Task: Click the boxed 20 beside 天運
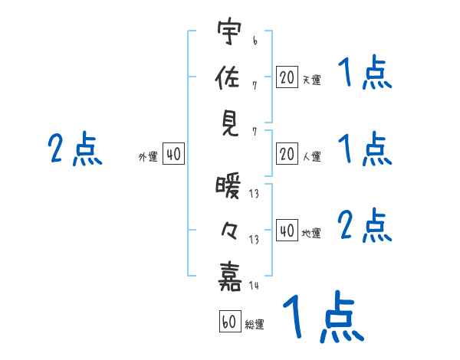[x=287, y=77]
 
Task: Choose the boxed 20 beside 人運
[x=287, y=154]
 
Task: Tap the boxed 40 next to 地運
[x=287, y=231]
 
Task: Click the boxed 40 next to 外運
[x=173, y=154]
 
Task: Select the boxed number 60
[x=229, y=322]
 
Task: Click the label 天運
[x=311, y=80]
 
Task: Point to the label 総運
[x=255, y=325]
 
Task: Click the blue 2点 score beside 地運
[x=365, y=227]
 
